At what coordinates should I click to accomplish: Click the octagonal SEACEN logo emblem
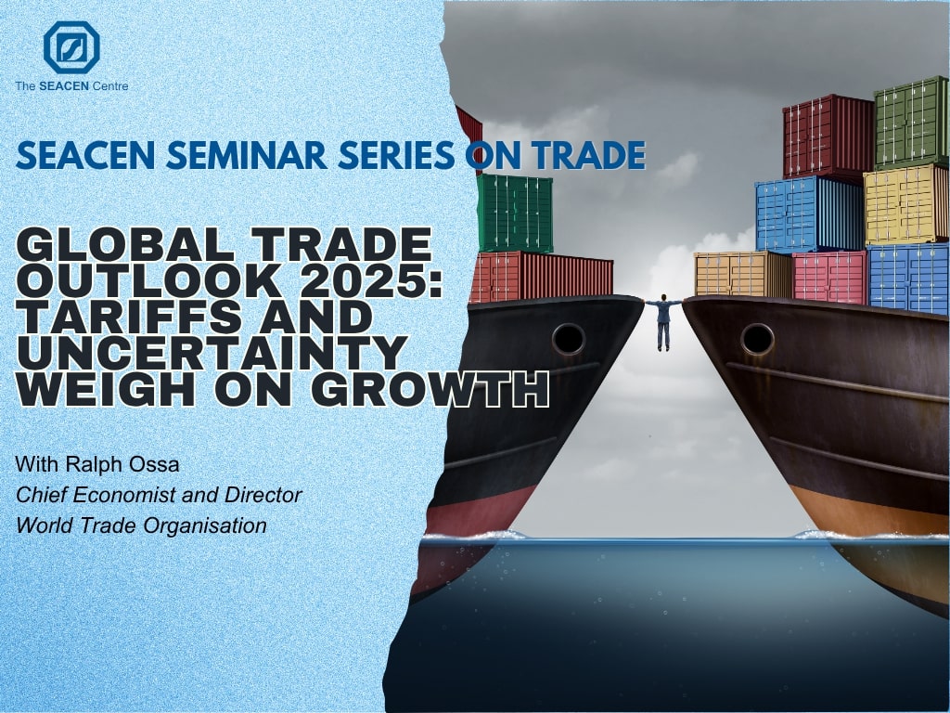click(x=71, y=47)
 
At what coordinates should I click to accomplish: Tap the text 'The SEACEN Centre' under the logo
click(x=71, y=86)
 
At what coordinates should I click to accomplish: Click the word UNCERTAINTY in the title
click(x=212, y=352)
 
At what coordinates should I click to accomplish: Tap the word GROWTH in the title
click(x=434, y=389)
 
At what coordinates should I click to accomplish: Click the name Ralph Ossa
click(x=122, y=464)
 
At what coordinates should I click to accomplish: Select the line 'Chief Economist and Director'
click(x=159, y=495)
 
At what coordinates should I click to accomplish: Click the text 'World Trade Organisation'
click(x=141, y=525)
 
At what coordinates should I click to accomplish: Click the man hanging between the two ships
click(x=663, y=321)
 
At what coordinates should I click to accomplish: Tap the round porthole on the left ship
click(x=569, y=340)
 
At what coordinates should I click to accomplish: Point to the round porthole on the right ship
click(x=757, y=340)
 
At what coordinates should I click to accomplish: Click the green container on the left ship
click(x=515, y=214)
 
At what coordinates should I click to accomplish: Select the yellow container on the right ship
click(x=905, y=205)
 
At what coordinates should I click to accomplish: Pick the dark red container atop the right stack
click(x=828, y=136)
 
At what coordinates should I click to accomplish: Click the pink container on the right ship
click(x=829, y=277)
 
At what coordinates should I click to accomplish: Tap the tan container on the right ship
click(x=743, y=274)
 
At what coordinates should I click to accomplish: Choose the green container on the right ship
click(x=911, y=123)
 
